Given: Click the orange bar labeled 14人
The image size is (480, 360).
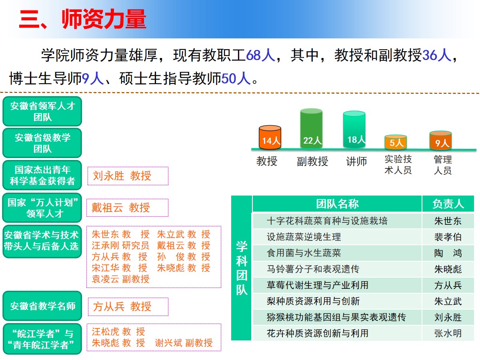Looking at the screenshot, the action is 270,137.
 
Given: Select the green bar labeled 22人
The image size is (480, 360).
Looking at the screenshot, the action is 311,128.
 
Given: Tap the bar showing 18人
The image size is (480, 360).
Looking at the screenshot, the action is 354,129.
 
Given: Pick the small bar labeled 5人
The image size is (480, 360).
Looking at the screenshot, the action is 396,142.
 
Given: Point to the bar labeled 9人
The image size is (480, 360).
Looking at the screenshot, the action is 440,140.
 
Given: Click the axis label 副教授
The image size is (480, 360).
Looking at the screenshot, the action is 312,162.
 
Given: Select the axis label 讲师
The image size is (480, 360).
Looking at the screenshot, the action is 356,162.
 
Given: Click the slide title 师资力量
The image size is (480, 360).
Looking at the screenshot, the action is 104,19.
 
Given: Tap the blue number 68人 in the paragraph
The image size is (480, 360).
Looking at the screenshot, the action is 260,55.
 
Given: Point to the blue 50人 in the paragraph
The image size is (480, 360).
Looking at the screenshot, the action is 236,78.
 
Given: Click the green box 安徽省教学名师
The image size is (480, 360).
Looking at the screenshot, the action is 42,306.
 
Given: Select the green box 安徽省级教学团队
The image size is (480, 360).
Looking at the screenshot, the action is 42,143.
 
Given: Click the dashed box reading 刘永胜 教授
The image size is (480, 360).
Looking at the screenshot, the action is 128,176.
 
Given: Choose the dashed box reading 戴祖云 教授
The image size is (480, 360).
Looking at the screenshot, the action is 128,208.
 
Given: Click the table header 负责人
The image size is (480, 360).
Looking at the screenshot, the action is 448,204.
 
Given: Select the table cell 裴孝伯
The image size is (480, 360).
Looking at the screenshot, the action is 448,237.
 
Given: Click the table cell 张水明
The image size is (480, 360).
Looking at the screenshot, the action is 448,333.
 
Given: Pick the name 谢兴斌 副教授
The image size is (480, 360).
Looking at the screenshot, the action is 184,343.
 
